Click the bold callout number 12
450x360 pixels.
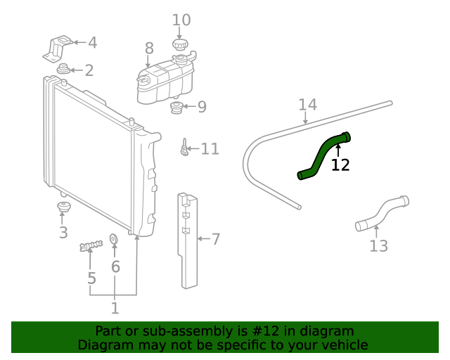340,165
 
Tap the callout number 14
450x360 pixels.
307,105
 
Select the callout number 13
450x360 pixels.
378,246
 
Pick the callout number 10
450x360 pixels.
181,20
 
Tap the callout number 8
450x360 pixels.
149,49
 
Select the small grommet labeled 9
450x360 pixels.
177,108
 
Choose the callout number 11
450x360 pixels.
210,149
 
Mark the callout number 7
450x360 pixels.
216,240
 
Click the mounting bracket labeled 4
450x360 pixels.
58,47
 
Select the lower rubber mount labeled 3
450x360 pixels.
63,209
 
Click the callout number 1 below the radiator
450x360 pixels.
115,308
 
